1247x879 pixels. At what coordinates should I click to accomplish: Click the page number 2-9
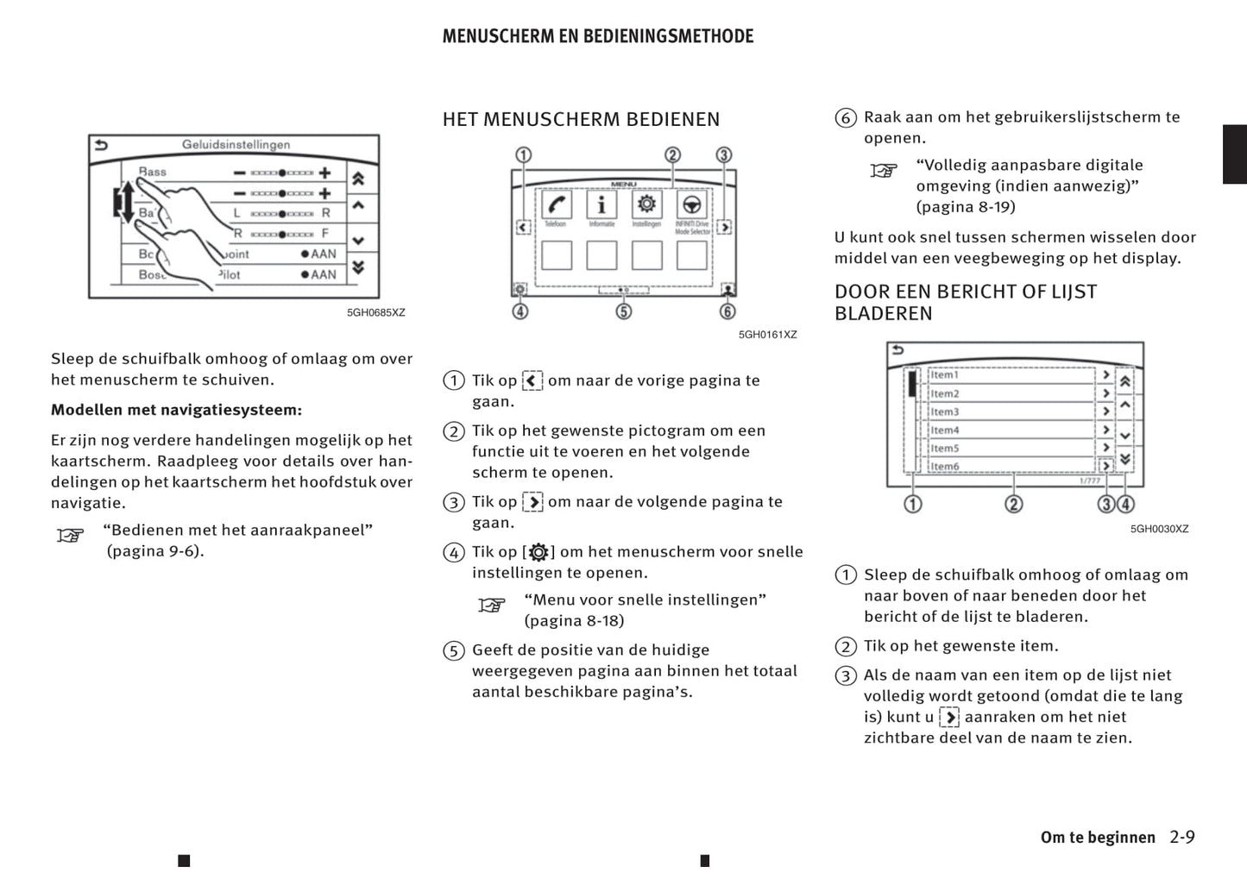click(1182, 837)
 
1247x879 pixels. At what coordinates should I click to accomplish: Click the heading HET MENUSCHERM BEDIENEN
click(581, 119)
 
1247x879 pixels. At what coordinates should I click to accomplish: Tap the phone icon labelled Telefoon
click(556, 205)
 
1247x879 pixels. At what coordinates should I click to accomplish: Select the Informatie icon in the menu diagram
click(601, 205)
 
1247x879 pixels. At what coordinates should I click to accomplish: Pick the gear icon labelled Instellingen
click(646, 205)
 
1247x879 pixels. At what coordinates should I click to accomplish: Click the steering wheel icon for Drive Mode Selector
click(691, 205)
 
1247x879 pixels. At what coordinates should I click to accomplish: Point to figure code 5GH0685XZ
click(375, 312)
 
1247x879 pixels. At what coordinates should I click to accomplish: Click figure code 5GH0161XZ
click(767, 335)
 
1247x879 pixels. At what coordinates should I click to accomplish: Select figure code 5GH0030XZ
click(1159, 529)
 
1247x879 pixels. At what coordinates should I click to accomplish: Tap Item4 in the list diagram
click(945, 430)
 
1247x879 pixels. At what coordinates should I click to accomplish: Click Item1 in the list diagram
click(945, 374)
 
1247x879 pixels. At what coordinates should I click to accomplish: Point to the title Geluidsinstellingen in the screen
click(236, 145)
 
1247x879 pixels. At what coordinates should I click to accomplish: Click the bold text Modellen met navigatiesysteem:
click(176, 410)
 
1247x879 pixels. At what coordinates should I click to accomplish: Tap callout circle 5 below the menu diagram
click(623, 311)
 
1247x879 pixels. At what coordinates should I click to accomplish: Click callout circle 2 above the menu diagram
click(672, 155)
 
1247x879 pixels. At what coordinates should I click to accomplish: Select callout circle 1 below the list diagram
click(912, 504)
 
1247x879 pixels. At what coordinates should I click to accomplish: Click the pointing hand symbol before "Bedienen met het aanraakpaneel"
click(70, 536)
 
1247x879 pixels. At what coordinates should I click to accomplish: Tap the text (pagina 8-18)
click(574, 620)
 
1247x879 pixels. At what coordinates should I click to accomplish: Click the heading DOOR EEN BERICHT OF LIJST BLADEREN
click(965, 302)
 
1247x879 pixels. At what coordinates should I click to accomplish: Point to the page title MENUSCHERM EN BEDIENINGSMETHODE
click(597, 36)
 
